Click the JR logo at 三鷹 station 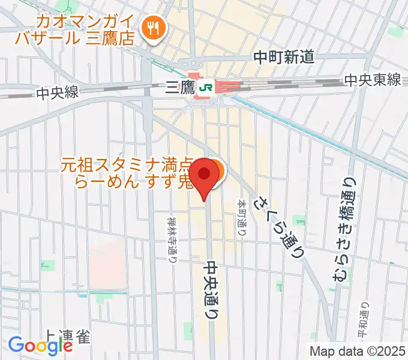(206, 88)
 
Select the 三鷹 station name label (179, 89)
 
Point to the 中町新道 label (284, 57)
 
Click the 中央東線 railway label (373, 80)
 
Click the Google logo (40, 346)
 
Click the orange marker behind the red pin (217, 171)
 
